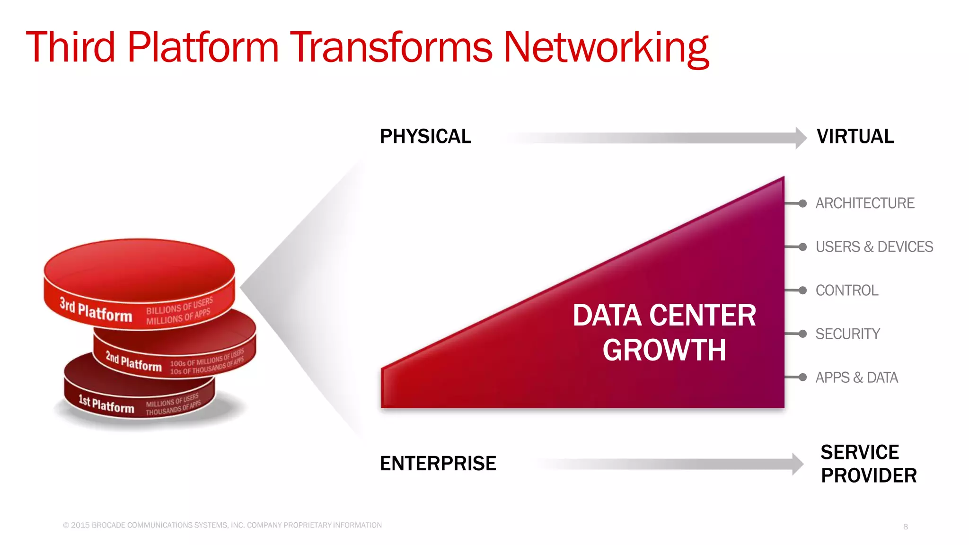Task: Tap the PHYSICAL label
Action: [x=425, y=137]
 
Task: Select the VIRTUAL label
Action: [x=855, y=137]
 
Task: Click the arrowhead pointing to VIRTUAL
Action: [x=801, y=138]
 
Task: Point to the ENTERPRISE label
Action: [x=438, y=464]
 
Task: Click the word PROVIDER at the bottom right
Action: [x=869, y=475]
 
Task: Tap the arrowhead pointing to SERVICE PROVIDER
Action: [x=798, y=464]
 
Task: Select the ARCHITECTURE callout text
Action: [x=864, y=203]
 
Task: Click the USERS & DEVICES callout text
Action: [x=874, y=247]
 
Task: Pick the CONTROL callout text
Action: [x=846, y=290]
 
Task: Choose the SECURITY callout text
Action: [x=847, y=334]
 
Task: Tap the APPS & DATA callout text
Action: [x=856, y=378]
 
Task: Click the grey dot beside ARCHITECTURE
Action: [x=802, y=203]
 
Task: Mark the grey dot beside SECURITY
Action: [x=802, y=334]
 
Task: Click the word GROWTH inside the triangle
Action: [x=664, y=350]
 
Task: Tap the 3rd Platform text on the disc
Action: [x=96, y=310]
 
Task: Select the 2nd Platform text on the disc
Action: [x=133, y=362]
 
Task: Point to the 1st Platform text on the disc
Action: [x=106, y=404]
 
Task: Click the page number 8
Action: [x=905, y=527]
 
